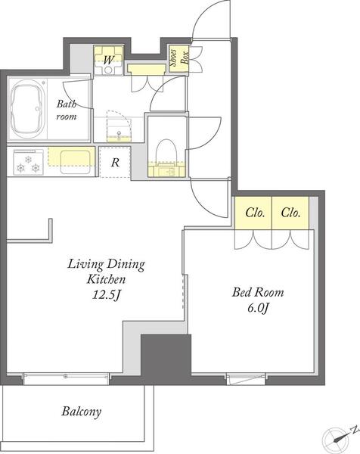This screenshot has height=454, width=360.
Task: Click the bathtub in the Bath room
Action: coord(28,109)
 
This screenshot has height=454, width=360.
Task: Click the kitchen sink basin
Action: coord(75,162)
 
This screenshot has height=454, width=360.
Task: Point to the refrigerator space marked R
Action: coord(115,162)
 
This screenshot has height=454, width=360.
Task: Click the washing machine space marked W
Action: coord(108,61)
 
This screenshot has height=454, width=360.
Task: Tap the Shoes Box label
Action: coord(178,58)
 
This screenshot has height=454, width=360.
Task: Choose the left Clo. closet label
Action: coord(255,213)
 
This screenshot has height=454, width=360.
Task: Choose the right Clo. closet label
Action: coord(290,213)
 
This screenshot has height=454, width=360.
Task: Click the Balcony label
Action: coord(82,412)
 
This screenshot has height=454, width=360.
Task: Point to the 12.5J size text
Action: coord(106,295)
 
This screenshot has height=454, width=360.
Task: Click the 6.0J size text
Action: coord(258,309)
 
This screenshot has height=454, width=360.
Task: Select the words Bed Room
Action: coord(258,292)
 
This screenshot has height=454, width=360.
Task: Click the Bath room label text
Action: coord(67,110)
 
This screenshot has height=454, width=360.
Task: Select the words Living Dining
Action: coord(106,264)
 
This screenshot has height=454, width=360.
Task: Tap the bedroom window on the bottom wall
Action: coord(246,379)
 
